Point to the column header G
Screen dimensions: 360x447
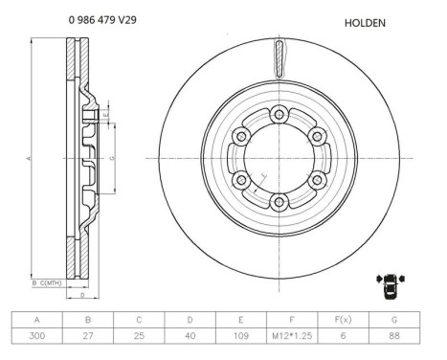393,320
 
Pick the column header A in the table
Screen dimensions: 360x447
36,320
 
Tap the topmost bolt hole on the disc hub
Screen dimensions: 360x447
279,114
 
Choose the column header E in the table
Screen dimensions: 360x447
241,320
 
